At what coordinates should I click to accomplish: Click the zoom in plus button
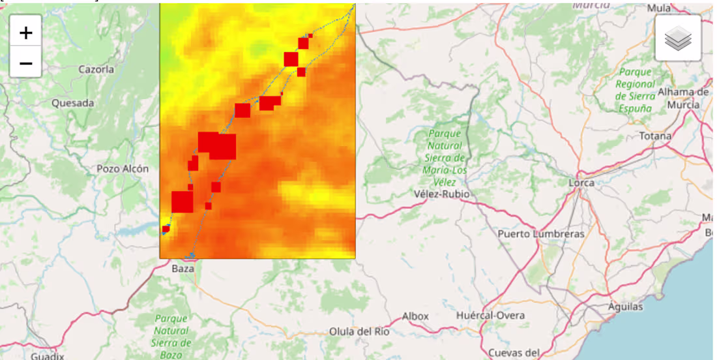[x=26, y=32]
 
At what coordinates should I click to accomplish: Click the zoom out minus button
[x=26, y=63]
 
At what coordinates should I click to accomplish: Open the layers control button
[x=678, y=38]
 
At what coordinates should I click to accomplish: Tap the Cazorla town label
[x=96, y=69]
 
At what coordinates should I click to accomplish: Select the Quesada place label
[x=72, y=103]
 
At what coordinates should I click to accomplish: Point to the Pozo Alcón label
[x=123, y=168]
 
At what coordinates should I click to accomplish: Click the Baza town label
[x=183, y=269]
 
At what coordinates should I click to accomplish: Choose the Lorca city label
[x=581, y=183]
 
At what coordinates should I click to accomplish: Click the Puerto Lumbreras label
[x=541, y=233]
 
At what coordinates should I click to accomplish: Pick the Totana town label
[x=655, y=136]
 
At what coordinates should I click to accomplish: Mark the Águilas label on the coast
[x=625, y=307]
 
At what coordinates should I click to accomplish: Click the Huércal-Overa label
[x=490, y=316]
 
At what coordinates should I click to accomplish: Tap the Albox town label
[x=415, y=316]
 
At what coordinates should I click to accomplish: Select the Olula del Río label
[x=359, y=331]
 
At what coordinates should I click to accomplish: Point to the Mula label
[x=659, y=8]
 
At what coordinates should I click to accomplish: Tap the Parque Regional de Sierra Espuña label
[x=635, y=90]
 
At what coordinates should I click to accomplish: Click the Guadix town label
[x=48, y=356]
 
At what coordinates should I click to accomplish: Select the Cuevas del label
[x=514, y=353]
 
